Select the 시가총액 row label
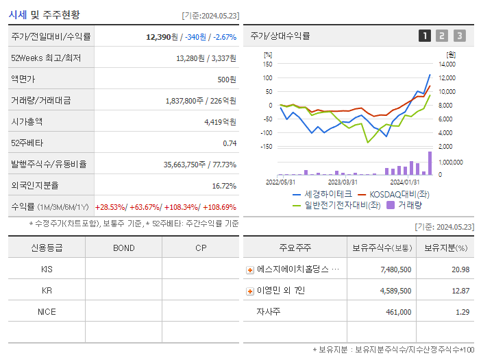point(27,121)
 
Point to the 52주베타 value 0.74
point(230,143)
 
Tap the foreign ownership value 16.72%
point(224,185)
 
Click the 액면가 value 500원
point(227,79)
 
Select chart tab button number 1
point(425,36)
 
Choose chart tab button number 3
point(459,36)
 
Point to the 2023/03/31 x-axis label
point(343,182)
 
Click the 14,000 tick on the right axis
point(446,64)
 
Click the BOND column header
point(123,248)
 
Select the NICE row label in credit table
point(47,311)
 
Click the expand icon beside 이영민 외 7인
point(250,291)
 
